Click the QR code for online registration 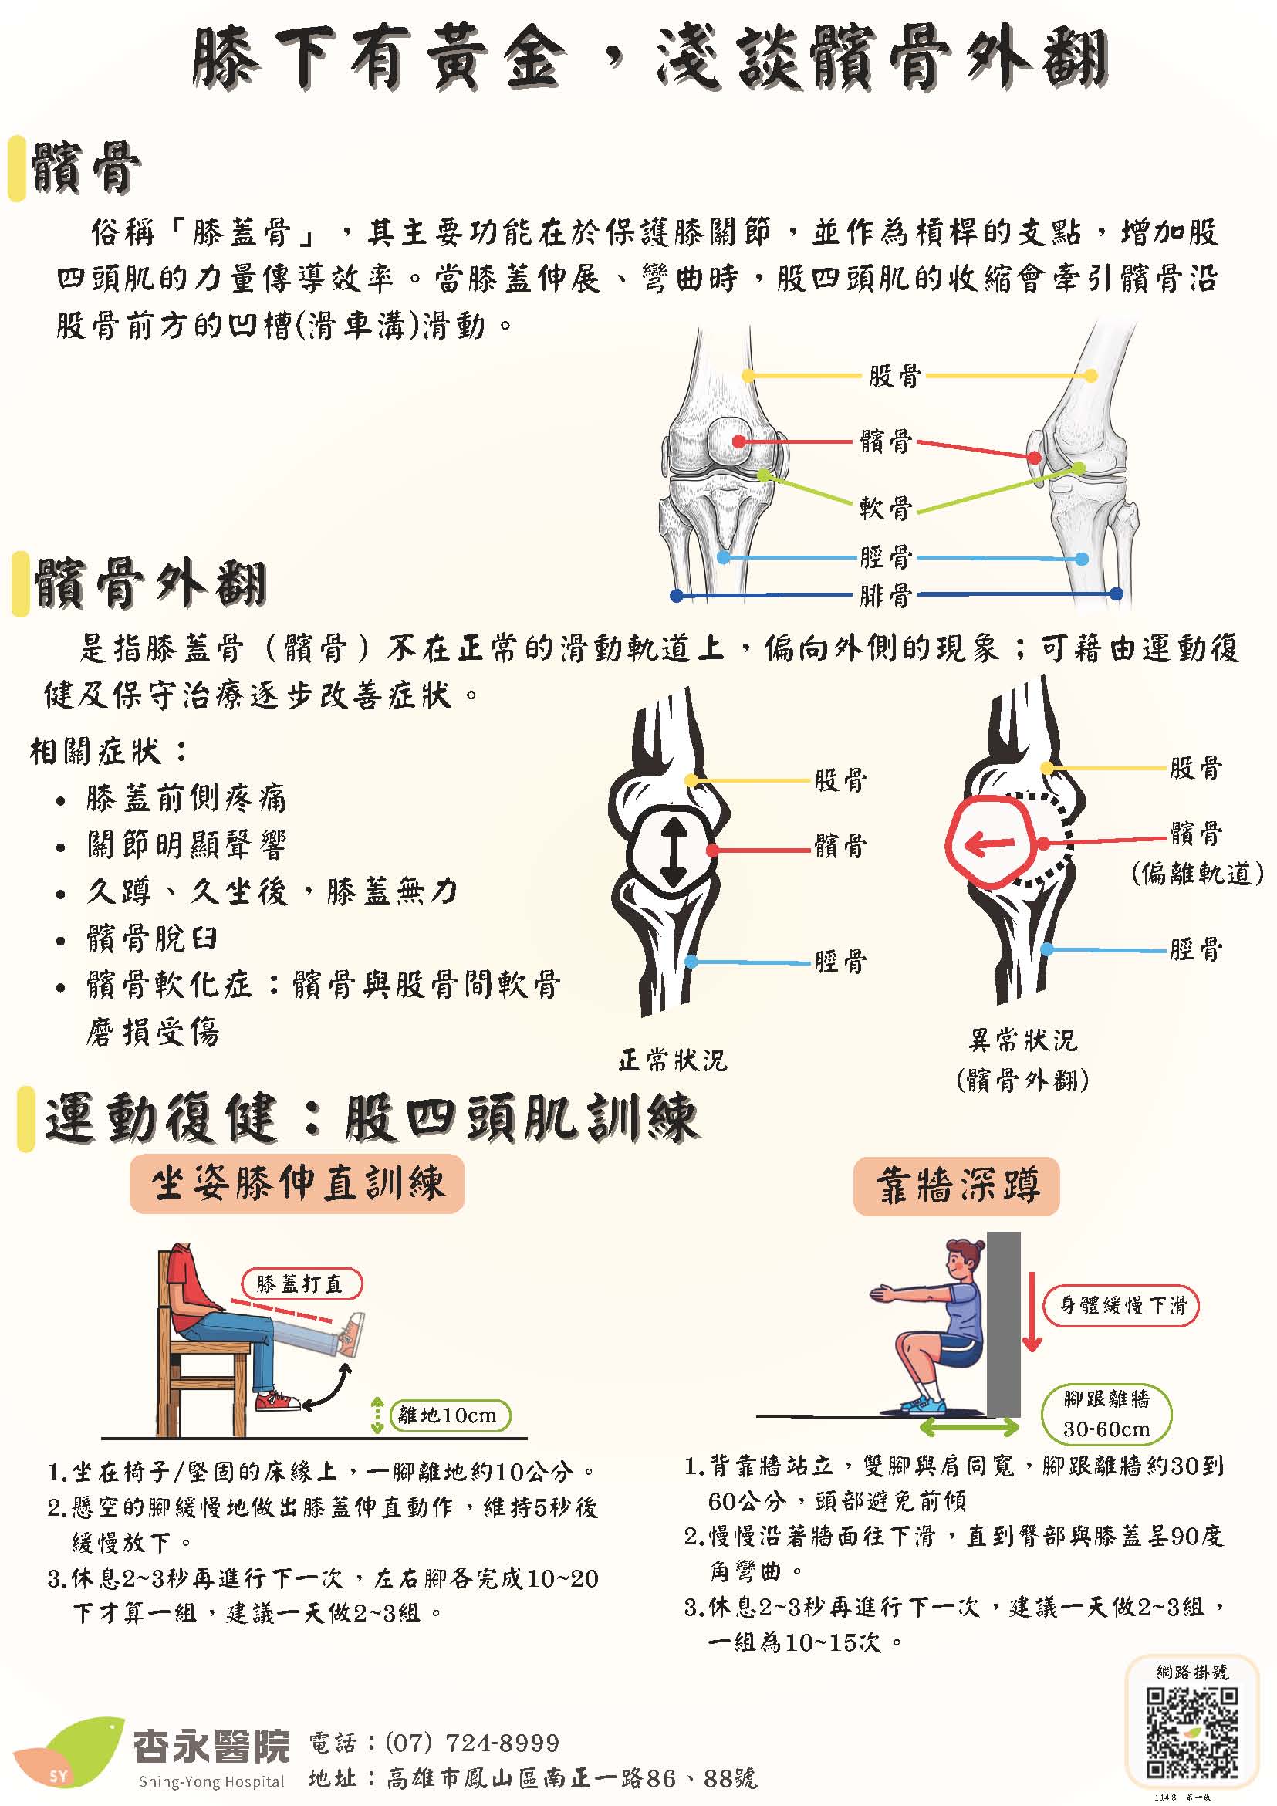tap(1191, 1733)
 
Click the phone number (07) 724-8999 tap(471, 1743)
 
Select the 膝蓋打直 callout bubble tap(300, 1284)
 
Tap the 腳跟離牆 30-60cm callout tap(1106, 1414)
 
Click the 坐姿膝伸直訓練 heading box tap(297, 1184)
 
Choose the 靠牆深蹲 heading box tap(957, 1186)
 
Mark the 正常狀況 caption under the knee tap(673, 1061)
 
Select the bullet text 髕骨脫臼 tap(153, 939)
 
